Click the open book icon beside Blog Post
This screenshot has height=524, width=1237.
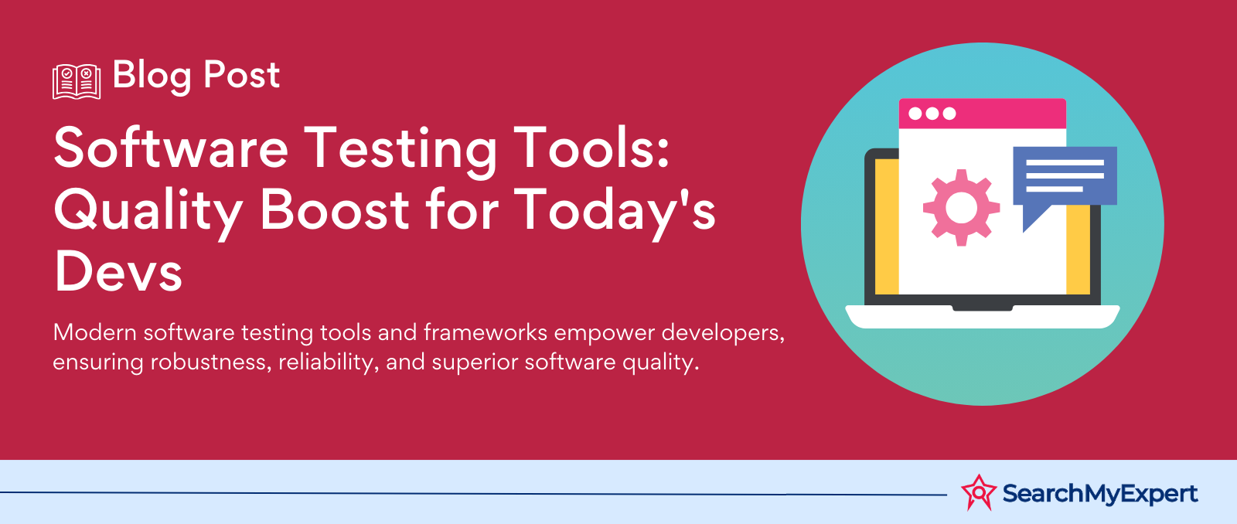click(x=77, y=82)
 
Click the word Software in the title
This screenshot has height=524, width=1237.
click(x=171, y=148)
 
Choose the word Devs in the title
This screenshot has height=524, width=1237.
click(x=118, y=271)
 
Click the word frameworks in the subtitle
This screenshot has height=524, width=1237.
click(x=486, y=332)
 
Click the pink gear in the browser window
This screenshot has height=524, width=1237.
click(x=962, y=208)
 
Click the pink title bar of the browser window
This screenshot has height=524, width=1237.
click(x=983, y=114)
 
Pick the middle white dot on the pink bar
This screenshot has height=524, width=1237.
click(x=932, y=114)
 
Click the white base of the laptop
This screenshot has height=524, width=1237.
click(x=983, y=317)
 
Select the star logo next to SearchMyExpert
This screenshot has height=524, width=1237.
click(x=979, y=492)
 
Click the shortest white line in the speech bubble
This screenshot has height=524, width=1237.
click(x=1055, y=189)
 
